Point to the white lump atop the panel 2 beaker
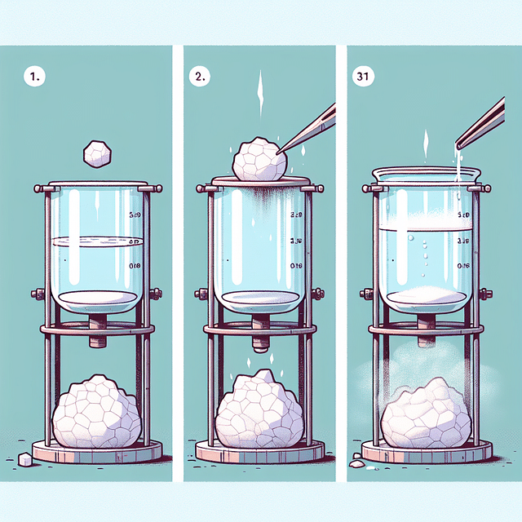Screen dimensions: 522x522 tap(259, 160)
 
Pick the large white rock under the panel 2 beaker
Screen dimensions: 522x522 tap(259, 412)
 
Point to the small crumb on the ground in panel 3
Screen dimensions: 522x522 tap(357, 463)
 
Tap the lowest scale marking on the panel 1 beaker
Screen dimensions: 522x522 tap(136, 265)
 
